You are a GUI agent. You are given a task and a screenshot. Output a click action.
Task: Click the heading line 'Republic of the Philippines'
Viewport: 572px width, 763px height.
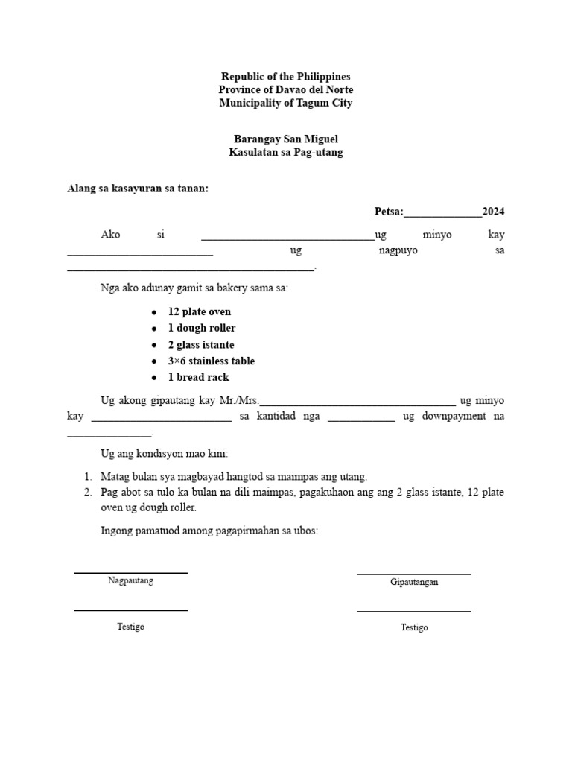click(x=285, y=77)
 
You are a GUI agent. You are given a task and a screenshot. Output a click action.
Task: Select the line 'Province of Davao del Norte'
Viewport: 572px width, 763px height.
click(x=285, y=90)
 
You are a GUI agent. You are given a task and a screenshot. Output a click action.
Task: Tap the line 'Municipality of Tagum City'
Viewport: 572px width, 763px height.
click(x=285, y=104)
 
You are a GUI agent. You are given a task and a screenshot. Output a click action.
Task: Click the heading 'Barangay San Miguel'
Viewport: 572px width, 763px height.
click(x=285, y=139)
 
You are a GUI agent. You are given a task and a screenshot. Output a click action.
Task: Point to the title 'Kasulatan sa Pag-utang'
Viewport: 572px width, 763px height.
click(x=285, y=153)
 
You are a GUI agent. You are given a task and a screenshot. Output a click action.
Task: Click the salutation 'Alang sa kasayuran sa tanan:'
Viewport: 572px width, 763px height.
click(x=138, y=189)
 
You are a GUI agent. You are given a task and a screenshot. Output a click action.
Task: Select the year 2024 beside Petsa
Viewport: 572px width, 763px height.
click(x=493, y=212)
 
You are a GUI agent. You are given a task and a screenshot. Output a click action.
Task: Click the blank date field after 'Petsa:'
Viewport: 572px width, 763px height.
click(x=442, y=214)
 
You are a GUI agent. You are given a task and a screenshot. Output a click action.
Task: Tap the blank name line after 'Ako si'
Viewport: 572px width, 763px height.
click(x=287, y=237)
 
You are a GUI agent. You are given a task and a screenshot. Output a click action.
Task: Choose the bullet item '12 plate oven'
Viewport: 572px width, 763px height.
click(x=200, y=311)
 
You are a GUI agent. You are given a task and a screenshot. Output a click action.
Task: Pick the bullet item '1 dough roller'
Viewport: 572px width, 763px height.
click(x=202, y=328)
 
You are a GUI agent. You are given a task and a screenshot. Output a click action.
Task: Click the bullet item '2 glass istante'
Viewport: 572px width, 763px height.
click(x=201, y=344)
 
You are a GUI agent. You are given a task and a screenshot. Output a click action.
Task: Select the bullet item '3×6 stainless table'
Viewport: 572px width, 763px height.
click(x=212, y=361)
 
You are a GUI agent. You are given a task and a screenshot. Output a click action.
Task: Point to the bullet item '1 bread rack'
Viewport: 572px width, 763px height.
click(x=199, y=377)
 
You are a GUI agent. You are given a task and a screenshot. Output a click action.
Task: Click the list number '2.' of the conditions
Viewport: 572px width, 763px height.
click(x=88, y=493)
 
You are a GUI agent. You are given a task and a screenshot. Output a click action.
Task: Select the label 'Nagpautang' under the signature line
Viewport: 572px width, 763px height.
click(x=130, y=580)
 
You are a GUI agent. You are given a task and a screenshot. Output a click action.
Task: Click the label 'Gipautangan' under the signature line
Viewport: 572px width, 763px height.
click(x=414, y=582)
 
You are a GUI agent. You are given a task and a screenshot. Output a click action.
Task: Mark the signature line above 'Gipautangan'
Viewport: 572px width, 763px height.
click(x=414, y=574)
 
